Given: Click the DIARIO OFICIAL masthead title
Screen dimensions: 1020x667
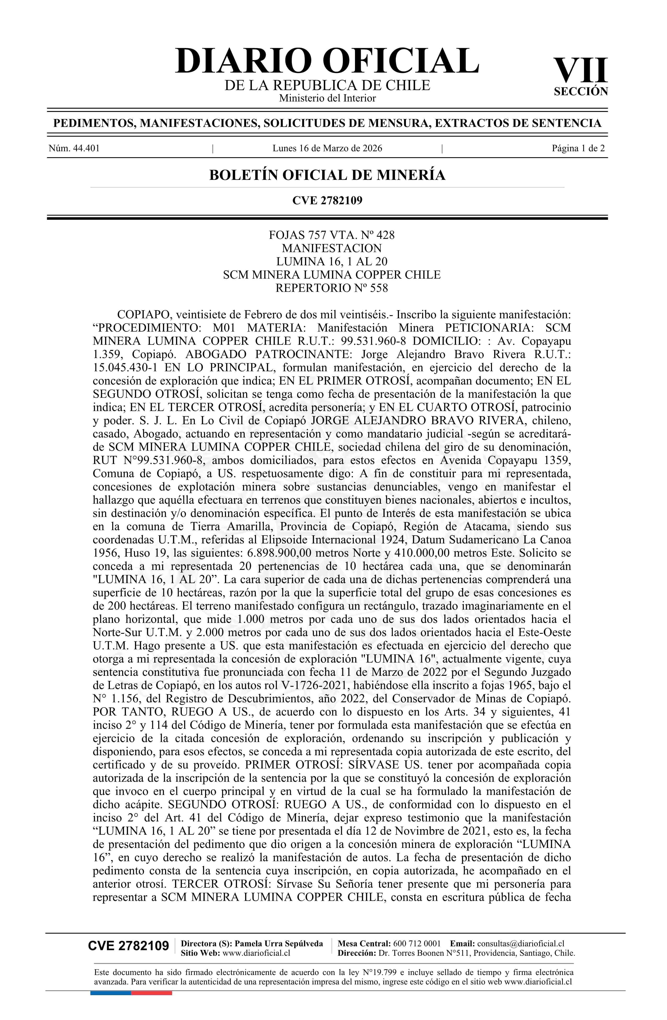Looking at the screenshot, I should (x=327, y=61).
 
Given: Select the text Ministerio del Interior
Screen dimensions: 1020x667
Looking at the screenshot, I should (x=327, y=98).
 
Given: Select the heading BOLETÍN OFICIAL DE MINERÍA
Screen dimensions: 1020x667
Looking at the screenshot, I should (x=327, y=175).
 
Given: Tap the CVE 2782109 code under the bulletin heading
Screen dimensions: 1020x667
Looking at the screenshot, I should (x=327, y=200).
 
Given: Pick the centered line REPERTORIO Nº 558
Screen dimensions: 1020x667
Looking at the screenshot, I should (x=331, y=288).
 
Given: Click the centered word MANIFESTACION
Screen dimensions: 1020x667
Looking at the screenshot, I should (x=331, y=248).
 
